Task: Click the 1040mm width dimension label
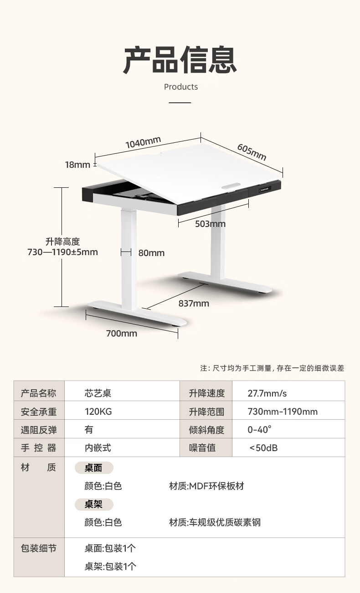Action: (143, 142)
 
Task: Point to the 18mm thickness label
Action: (77, 165)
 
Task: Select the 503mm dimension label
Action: (210, 224)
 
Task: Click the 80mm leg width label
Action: (151, 253)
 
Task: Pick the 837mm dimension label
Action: (194, 303)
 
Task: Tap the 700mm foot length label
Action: (122, 333)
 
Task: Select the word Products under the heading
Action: (181, 87)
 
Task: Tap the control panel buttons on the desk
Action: (265, 189)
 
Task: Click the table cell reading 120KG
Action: (98, 412)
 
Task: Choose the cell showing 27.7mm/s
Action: (267, 393)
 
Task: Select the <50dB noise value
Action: (263, 448)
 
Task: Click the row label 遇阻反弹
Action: (39, 430)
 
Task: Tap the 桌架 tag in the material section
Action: (93, 504)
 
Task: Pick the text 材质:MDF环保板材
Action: (206, 486)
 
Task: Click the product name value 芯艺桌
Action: (98, 393)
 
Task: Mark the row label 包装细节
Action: (39, 548)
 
